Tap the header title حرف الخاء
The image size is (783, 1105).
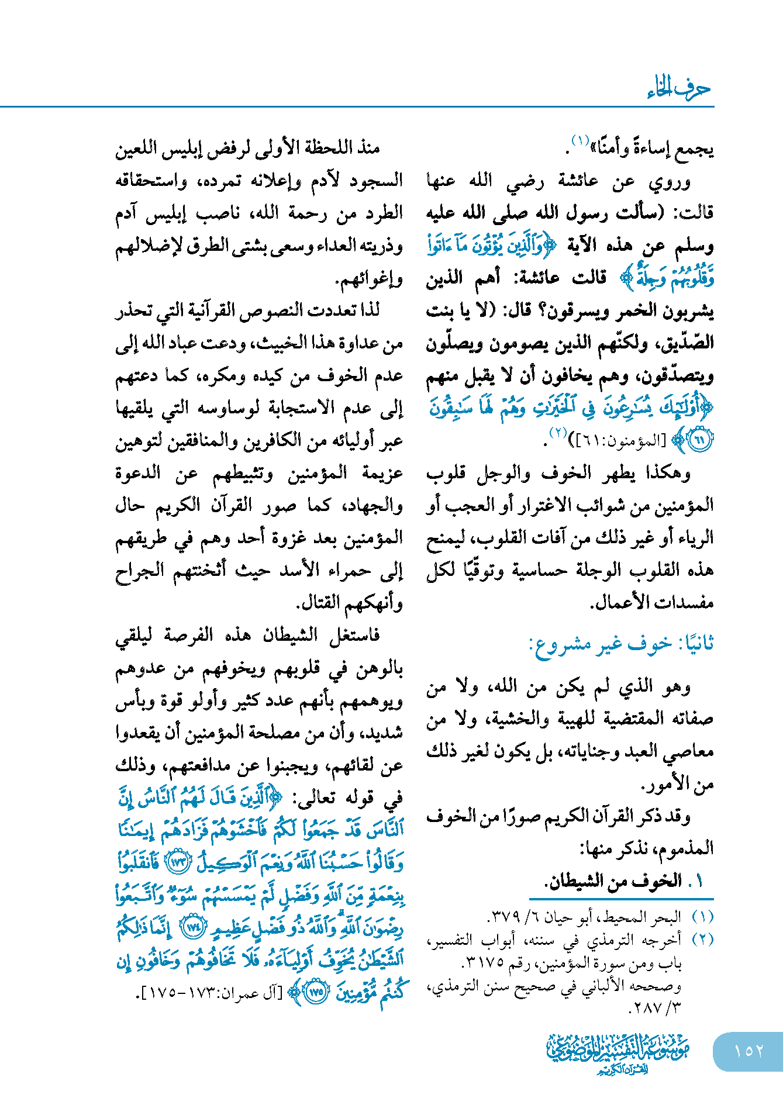point(679,89)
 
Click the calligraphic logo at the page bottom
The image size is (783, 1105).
point(618,1052)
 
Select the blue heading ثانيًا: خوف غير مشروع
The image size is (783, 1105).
point(621,644)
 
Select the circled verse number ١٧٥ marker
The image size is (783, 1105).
point(316,992)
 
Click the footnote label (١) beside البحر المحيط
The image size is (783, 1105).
point(702,917)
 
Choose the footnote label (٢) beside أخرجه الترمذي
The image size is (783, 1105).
point(702,940)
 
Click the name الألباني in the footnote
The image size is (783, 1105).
point(630,986)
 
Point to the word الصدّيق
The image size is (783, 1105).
point(685,343)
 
